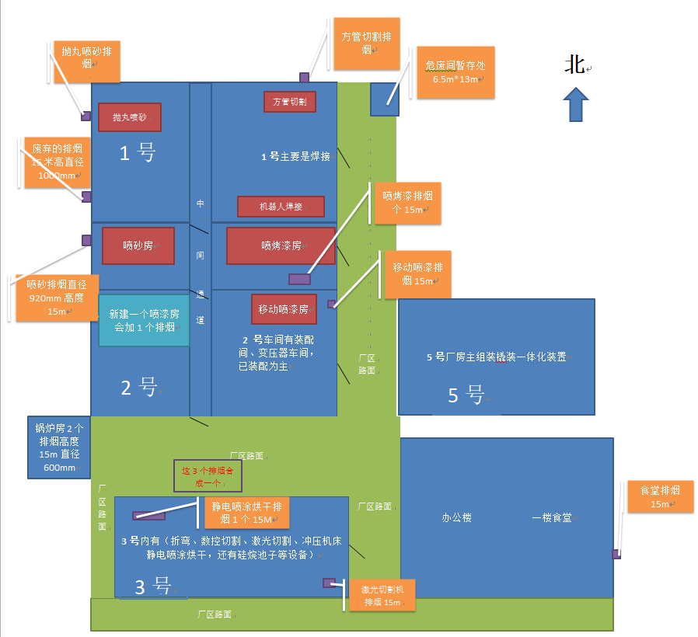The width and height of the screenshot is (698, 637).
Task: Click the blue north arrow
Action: (x=575, y=104)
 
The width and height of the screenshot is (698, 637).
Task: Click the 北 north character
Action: (x=574, y=65)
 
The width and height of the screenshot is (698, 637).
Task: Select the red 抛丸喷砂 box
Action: (x=129, y=117)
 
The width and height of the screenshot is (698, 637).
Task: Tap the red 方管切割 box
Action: (x=290, y=102)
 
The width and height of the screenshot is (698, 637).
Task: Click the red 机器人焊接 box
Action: (x=281, y=207)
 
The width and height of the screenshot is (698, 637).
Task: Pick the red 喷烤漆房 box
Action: (x=281, y=245)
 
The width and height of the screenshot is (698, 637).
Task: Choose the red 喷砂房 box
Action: (x=138, y=245)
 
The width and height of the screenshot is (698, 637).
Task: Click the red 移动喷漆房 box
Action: (x=284, y=308)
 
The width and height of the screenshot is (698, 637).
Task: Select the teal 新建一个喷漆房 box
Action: (x=144, y=320)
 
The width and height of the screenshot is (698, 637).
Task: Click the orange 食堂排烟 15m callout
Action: (x=660, y=496)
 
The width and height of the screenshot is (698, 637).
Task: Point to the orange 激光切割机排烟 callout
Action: (x=382, y=595)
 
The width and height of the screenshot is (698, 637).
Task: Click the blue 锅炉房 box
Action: (x=59, y=447)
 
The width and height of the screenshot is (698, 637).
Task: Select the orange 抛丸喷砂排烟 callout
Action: (x=86, y=61)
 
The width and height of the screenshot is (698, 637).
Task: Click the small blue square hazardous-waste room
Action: (x=384, y=99)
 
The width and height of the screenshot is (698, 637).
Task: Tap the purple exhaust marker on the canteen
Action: (x=616, y=554)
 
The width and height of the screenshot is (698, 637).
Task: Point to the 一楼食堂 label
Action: (x=552, y=517)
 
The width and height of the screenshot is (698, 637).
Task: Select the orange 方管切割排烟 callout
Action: (x=367, y=44)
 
